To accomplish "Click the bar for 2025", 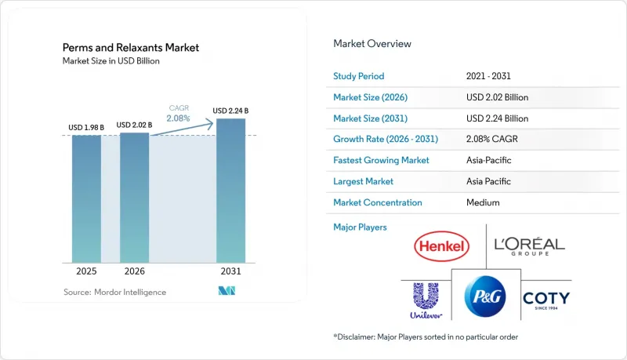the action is pyautogui.click(x=86, y=198).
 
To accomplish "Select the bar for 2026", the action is pyautogui.click(x=134, y=198).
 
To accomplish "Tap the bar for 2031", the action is pyautogui.click(x=230, y=191).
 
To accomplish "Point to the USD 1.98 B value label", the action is pyautogui.click(x=86, y=128).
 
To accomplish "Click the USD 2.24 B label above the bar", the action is pyautogui.click(x=230, y=111).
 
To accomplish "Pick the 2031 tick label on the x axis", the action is pyautogui.click(x=230, y=271).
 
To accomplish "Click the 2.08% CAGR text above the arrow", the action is pyautogui.click(x=179, y=118).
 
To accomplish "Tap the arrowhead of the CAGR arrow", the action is pyautogui.click(x=209, y=124).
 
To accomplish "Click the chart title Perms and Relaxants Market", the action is pyautogui.click(x=131, y=48).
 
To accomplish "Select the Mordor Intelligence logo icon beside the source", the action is pyautogui.click(x=227, y=291).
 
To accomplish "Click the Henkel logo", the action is pyautogui.click(x=441, y=246).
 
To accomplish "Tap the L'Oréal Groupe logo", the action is pyautogui.click(x=530, y=246).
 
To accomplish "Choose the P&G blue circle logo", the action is pyautogui.click(x=485, y=296).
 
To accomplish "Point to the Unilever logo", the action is pyautogui.click(x=426, y=300).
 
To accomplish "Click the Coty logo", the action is pyautogui.click(x=546, y=300).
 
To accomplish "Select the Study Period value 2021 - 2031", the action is pyautogui.click(x=488, y=76).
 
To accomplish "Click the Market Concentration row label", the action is pyautogui.click(x=378, y=202).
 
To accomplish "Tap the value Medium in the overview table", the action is pyautogui.click(x=483, y=202).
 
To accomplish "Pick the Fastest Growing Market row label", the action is pyautogui.click(x=381, y=160).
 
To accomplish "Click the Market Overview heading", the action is pyautogui.click(x=372, y=44).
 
